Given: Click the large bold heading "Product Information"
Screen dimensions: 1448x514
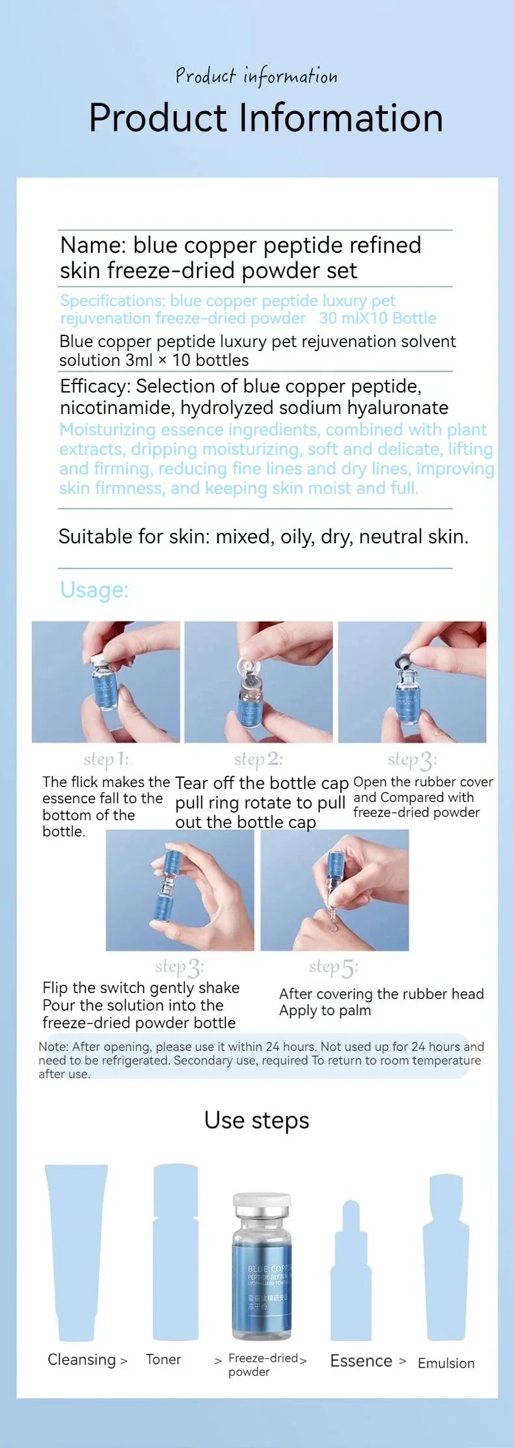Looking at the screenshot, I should [265, 118].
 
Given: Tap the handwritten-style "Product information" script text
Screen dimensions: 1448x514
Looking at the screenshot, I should [256, 77].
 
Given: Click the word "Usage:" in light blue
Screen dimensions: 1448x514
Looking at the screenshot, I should [94, 589].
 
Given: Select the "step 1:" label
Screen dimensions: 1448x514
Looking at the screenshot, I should [106, 759].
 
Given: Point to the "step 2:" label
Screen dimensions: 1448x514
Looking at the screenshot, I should [258, 759].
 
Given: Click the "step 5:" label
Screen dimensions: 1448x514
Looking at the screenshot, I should [333, 968].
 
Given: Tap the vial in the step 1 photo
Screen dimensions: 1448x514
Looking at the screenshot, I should [104, 682].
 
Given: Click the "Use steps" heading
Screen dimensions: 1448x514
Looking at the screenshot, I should [256, 1120].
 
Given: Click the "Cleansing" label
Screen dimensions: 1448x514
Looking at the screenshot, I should [81, 1360].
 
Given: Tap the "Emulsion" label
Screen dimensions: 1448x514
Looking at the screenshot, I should [446, 1363].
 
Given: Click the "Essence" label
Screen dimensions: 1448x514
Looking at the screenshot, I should [361, 1361].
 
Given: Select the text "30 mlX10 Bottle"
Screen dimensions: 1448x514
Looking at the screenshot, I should [377, 318].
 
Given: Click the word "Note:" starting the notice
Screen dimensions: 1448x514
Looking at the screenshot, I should [54, 1046].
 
